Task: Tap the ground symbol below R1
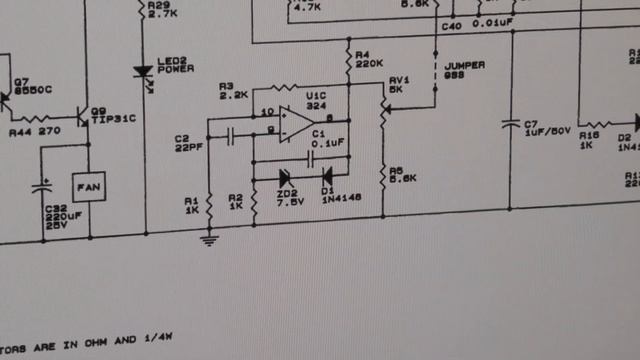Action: [209, 238]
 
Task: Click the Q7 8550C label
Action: [34, 86]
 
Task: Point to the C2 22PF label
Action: [184, 143]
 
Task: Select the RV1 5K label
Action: [399, 83]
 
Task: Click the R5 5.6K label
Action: [402, 175]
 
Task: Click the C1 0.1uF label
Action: [327, 138]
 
